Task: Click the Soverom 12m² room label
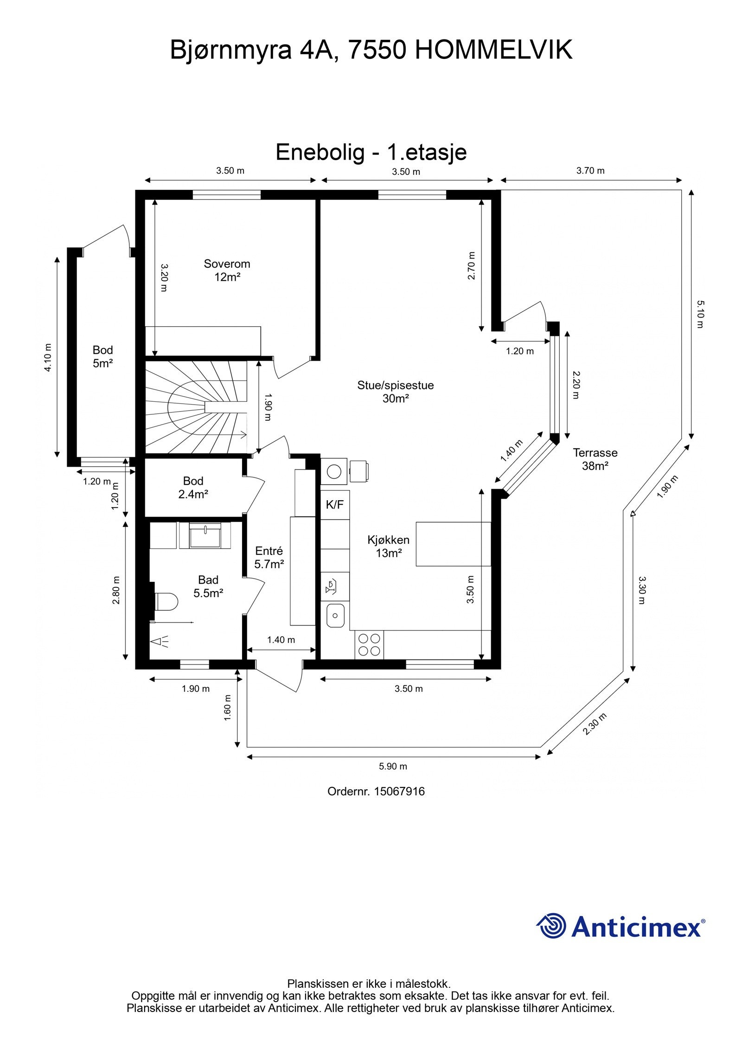(227, 271)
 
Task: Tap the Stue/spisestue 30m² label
(395, 392)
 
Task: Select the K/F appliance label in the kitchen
(334, 505)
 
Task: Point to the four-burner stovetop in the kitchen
(370, 644)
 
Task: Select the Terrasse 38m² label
(595, 459)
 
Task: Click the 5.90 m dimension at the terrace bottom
(393, 766)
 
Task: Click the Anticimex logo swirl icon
(551, 925)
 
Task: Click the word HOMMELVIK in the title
(493, 50)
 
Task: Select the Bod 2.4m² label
(193, 487)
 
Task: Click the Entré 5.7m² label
(269, 557)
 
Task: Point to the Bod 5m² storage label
(102, 356)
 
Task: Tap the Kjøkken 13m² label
(388, 546)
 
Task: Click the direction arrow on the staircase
(241, 435)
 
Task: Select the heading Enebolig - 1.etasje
(371, 152)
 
